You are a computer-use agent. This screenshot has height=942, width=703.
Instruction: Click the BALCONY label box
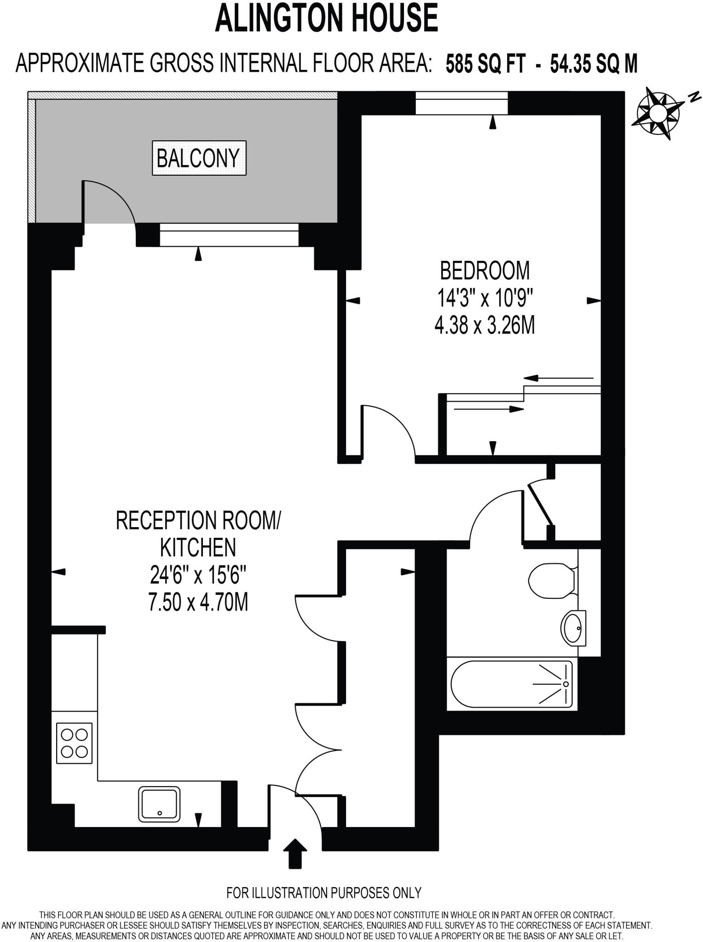tap(199, 158)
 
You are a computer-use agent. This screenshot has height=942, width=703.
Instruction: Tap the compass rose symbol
tap(657, 113)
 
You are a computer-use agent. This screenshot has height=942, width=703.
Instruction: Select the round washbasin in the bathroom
tap(573, 628)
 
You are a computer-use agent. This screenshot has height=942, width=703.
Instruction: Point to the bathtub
tap(511, 684)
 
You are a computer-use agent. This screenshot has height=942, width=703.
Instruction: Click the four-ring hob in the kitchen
tap(75, 743)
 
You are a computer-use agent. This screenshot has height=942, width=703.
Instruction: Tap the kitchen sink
tap(159, 804)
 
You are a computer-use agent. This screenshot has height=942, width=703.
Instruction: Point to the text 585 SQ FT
tap(485, 64)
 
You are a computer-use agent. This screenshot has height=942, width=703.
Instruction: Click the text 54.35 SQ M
tap(594, 64)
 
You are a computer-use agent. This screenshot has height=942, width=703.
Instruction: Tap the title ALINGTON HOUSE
tap(326, 17)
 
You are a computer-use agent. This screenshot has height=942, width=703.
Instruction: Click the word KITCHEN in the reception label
tap(198, 547)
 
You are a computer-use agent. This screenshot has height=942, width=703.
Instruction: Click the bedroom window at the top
tap(461, 103)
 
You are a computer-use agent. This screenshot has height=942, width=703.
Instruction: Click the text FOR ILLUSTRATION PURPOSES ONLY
tap(324, 893)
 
